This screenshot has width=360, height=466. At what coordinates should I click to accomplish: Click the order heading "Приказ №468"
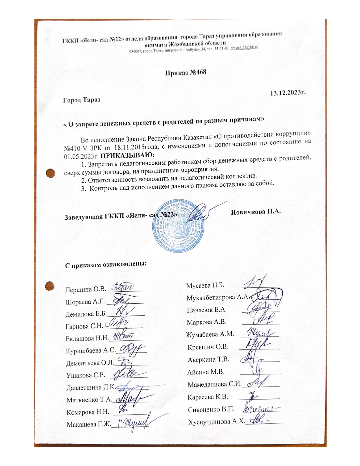coord(186,72)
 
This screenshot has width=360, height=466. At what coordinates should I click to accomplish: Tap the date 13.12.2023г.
coord(288,93)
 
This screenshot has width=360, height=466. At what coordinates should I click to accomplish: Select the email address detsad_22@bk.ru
coord(244,48)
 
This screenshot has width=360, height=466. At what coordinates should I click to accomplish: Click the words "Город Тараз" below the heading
coord(82,100)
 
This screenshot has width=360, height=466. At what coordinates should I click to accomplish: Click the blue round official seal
coord(178,223)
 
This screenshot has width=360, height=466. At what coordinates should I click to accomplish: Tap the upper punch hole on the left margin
coord(50,173)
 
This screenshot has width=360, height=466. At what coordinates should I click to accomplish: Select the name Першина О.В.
coord(86,290)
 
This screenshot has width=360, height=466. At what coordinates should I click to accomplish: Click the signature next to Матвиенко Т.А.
coord(130,399)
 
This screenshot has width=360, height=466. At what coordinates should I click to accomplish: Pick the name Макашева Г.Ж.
coord(89,424)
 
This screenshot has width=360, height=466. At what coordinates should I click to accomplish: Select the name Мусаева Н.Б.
coord(205,285)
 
